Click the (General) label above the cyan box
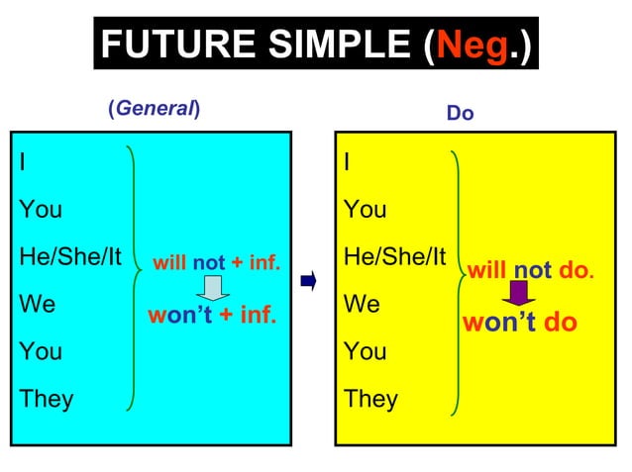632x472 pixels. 154,110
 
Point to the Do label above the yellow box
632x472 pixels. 460,114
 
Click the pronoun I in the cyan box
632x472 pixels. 23,162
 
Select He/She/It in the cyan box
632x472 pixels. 69,257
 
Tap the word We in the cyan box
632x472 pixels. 38,305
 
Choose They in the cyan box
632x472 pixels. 46,399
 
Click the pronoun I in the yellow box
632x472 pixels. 347,162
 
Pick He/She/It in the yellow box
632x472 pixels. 394,257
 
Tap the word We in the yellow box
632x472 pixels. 362,305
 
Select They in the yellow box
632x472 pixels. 370,399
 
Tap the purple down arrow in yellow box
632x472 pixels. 518,294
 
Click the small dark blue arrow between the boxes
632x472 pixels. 307,282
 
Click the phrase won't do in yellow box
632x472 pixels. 519,323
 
